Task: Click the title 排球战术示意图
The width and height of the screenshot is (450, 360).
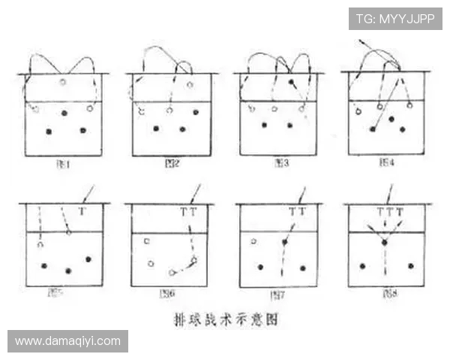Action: tap(224, 319)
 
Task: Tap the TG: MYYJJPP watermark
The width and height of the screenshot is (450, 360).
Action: tap(395, 19)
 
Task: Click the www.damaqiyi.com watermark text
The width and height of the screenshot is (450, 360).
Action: tap(67, 341)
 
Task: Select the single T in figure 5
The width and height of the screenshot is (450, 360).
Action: tap(82, 212)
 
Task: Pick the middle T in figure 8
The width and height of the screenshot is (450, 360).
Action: tap(389, 212)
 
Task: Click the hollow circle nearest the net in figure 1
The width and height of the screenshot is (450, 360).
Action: tap(63, 82)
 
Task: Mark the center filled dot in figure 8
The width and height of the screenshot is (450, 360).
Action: tap(384, 242)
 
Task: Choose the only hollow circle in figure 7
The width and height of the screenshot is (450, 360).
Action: tap(253, 241)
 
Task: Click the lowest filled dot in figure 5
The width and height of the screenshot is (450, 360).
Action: tap(68, 271)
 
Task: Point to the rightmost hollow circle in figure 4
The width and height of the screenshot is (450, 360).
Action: tap(409, 106)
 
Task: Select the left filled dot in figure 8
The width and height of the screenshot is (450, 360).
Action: tap(362, 265)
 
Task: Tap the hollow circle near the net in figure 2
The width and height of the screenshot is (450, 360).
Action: tap(190, 84)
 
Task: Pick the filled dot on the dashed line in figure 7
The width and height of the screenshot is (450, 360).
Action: tap(284, 241)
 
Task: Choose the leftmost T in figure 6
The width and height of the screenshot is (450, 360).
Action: tap(183, 212)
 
